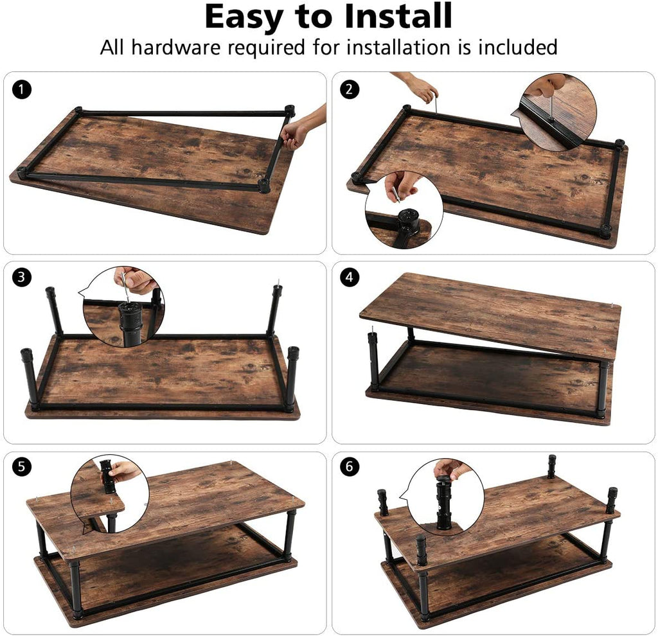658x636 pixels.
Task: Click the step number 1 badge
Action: coord(22,89)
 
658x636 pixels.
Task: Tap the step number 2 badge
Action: coord(350,89)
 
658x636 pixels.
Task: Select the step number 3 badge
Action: coord(22,277)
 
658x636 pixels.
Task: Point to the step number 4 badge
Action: coord(350,277)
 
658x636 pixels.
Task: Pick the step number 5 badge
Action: coord(22,466)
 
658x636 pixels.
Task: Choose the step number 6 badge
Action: coord(350,466)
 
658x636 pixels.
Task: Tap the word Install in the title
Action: coord(398,16)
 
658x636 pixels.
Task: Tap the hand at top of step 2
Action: coord(416,87)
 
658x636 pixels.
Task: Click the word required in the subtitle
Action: coord(266,48)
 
